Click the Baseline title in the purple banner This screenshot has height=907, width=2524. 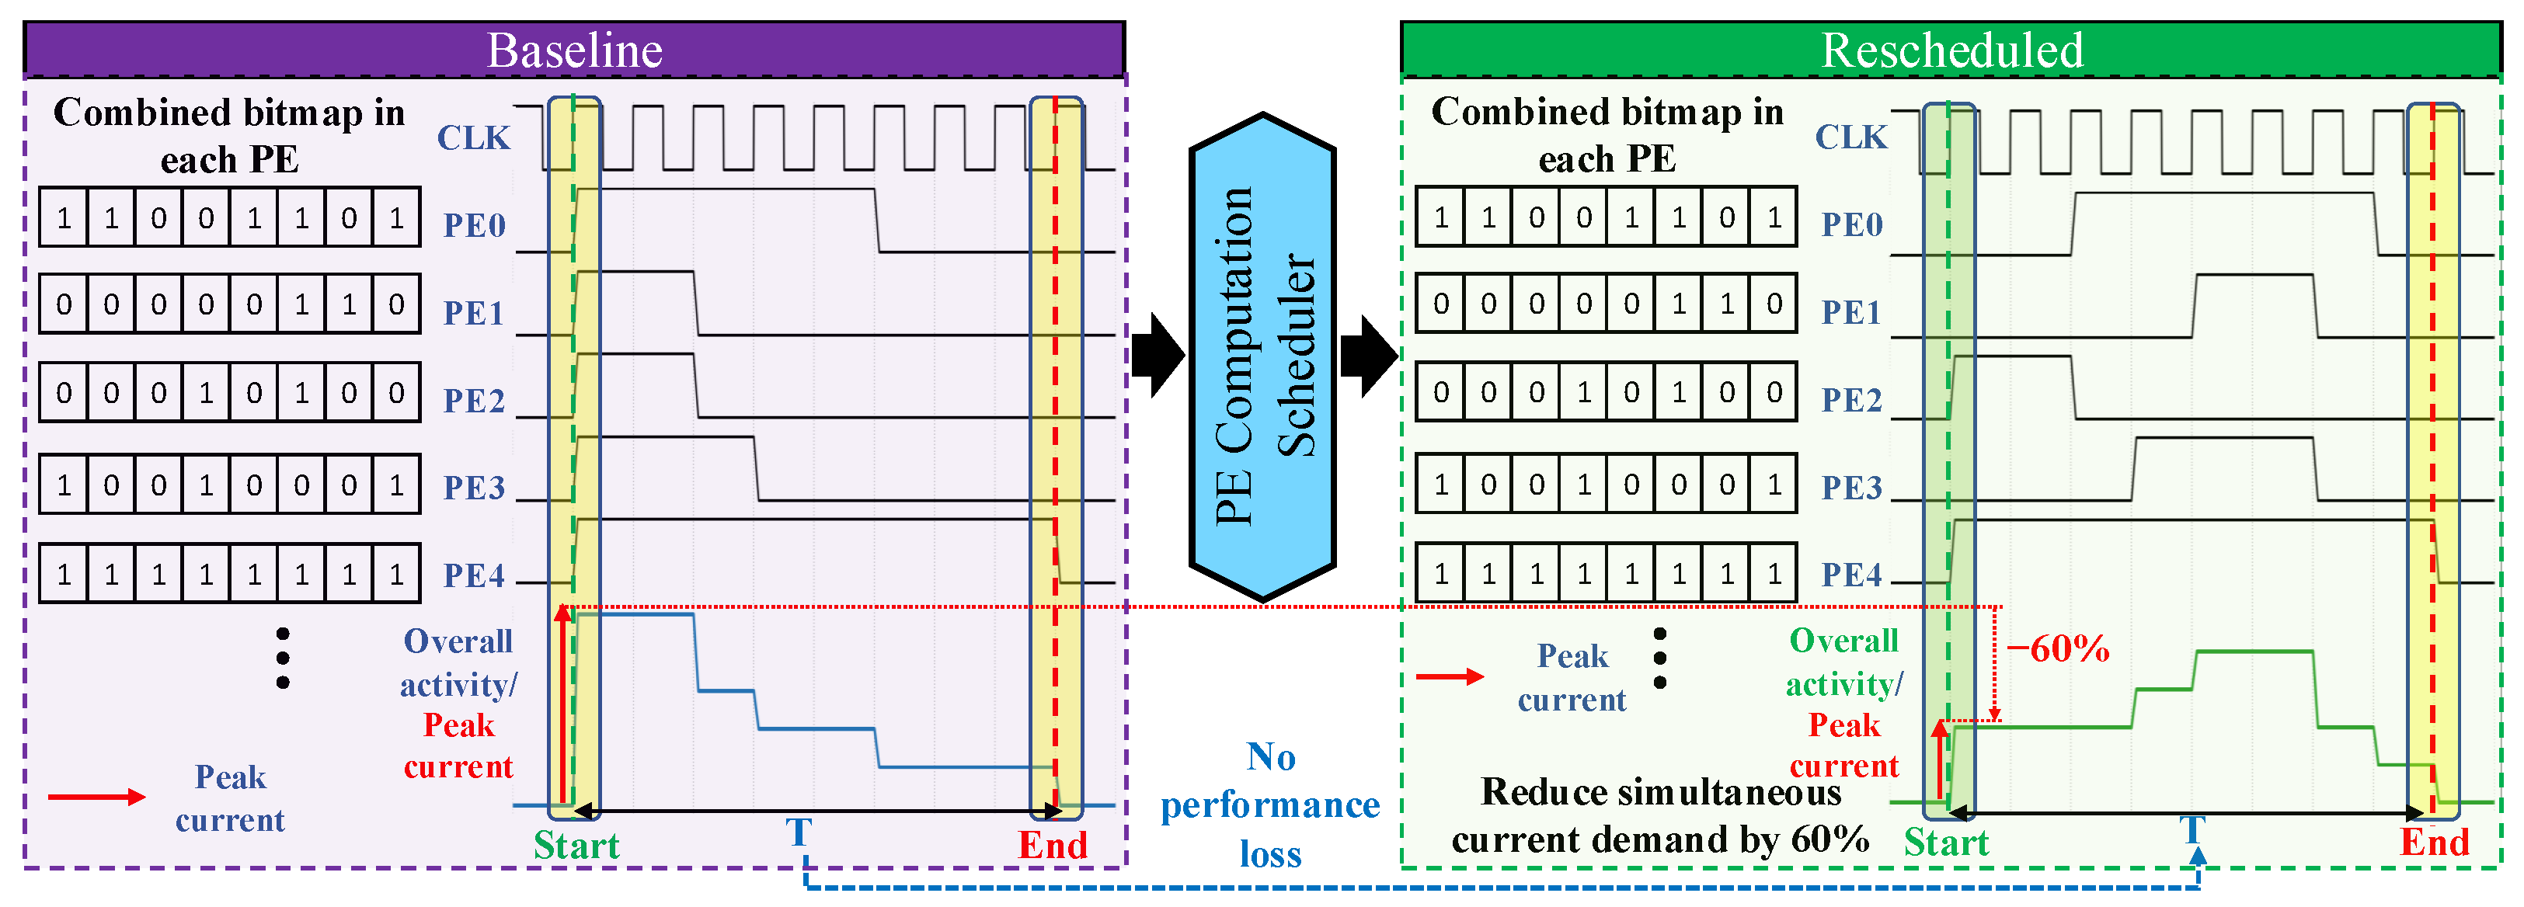tap(574, 50)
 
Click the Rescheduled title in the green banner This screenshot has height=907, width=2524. tap(1951, 50)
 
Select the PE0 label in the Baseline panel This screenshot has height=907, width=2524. tap(474, 225)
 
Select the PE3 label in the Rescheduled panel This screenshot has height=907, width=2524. tap(1851, 487)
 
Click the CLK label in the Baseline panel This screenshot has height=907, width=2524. tap(473, 138)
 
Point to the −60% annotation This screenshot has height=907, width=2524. tap(2058, 648)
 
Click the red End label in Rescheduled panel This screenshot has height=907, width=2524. tap(2434, 843)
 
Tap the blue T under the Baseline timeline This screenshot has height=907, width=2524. tap(799, 832)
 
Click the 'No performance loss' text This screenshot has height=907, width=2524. tap(1270, 805)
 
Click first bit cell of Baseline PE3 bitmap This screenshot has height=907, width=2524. tap(64, 485)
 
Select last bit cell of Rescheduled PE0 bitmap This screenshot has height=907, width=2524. tap(1774, 217)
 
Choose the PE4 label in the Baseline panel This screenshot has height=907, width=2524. tap(474, 575)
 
